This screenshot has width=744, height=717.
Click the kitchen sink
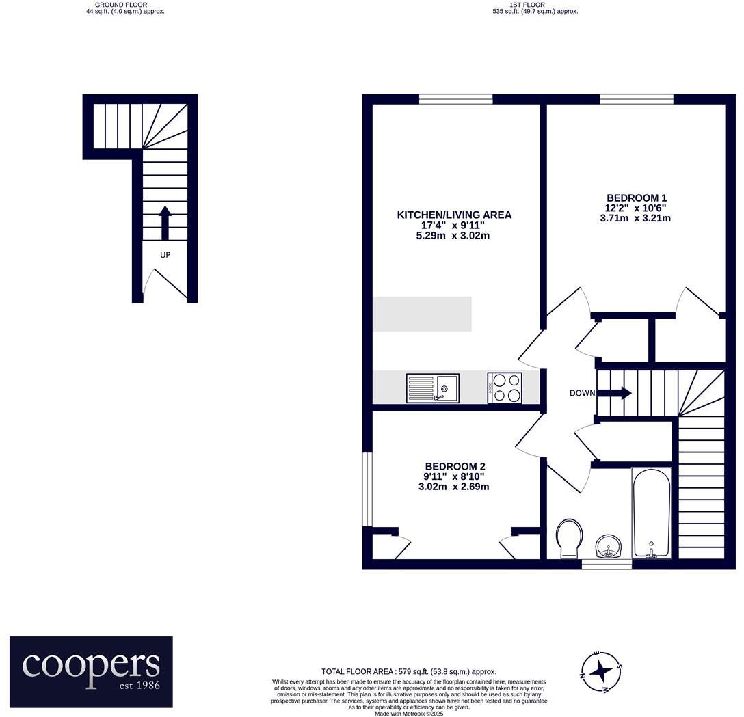pyautogui.click(x=433, y=388)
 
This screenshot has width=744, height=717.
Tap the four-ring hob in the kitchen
pyautogui.click(x=505, y=388)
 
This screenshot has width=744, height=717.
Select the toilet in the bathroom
pyautogui.click(x=569, y=538)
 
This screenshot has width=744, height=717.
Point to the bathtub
pyautogui.click(x=651, y=513)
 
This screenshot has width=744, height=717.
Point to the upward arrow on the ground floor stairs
pyautogui.click(x=165, y=223)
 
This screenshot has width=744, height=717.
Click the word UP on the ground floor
pyautogui.click(x=165, y=255)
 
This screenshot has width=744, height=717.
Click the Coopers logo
pyautogui.click(x=91, y=671)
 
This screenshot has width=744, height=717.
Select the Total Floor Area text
pyautogui.click(x=409, y=672)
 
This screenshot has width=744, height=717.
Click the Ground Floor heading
pyautogui.click(x=121, y=5)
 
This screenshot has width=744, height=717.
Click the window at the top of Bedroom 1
pyautogui.click(x=637, y=100)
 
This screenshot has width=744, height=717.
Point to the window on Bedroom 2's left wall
pyautogui.click(x=367, y=489)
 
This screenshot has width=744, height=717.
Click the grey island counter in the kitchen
pyautogui.click(x=422, y=314)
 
